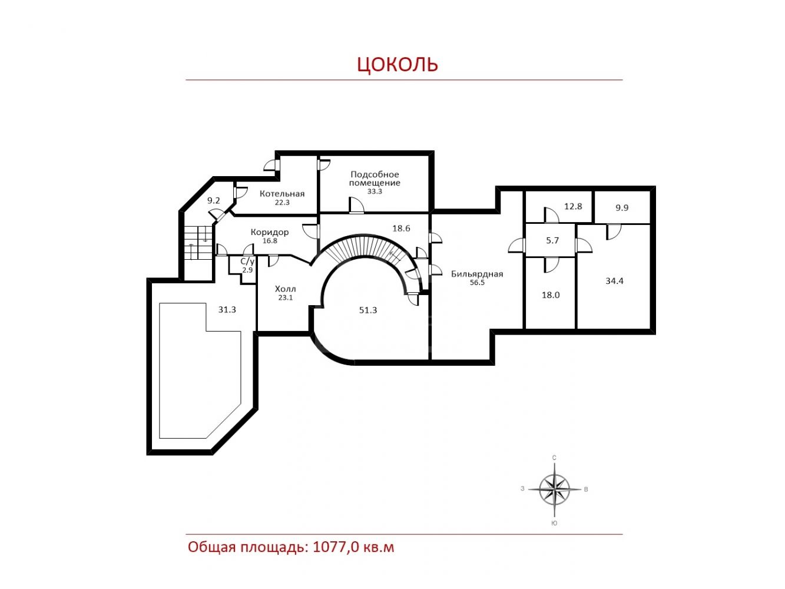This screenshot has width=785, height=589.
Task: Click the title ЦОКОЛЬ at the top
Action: tap(397, 64)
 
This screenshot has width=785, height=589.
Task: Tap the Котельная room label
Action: tap(282, 193)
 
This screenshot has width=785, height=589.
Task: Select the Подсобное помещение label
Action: tap(375, 178)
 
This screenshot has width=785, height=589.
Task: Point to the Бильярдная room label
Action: tap(477, 274)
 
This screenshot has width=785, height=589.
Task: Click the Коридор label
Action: tap(269, 232)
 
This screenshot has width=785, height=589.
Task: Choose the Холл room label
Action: tap(285, 289)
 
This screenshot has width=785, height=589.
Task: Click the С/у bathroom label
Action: tap(247, 262)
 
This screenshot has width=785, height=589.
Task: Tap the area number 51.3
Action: tap(368, 310)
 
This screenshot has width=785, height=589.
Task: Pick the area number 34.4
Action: tap(614, 281)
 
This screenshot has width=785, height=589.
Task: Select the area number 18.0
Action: tap(551, 295)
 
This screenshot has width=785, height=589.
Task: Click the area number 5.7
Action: tap(552, 240)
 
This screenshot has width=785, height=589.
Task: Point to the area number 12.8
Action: tap(573, 206)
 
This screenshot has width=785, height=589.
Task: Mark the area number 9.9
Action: tap(622, 208)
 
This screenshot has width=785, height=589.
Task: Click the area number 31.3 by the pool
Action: tap(227, 310)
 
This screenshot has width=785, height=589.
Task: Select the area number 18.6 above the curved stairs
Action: tap(401, 228)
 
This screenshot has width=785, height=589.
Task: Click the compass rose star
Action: tap(554, 489)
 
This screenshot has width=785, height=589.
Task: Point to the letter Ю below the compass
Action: tap(554, 523)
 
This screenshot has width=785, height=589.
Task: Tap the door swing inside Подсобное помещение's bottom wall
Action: tap(356, 206)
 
